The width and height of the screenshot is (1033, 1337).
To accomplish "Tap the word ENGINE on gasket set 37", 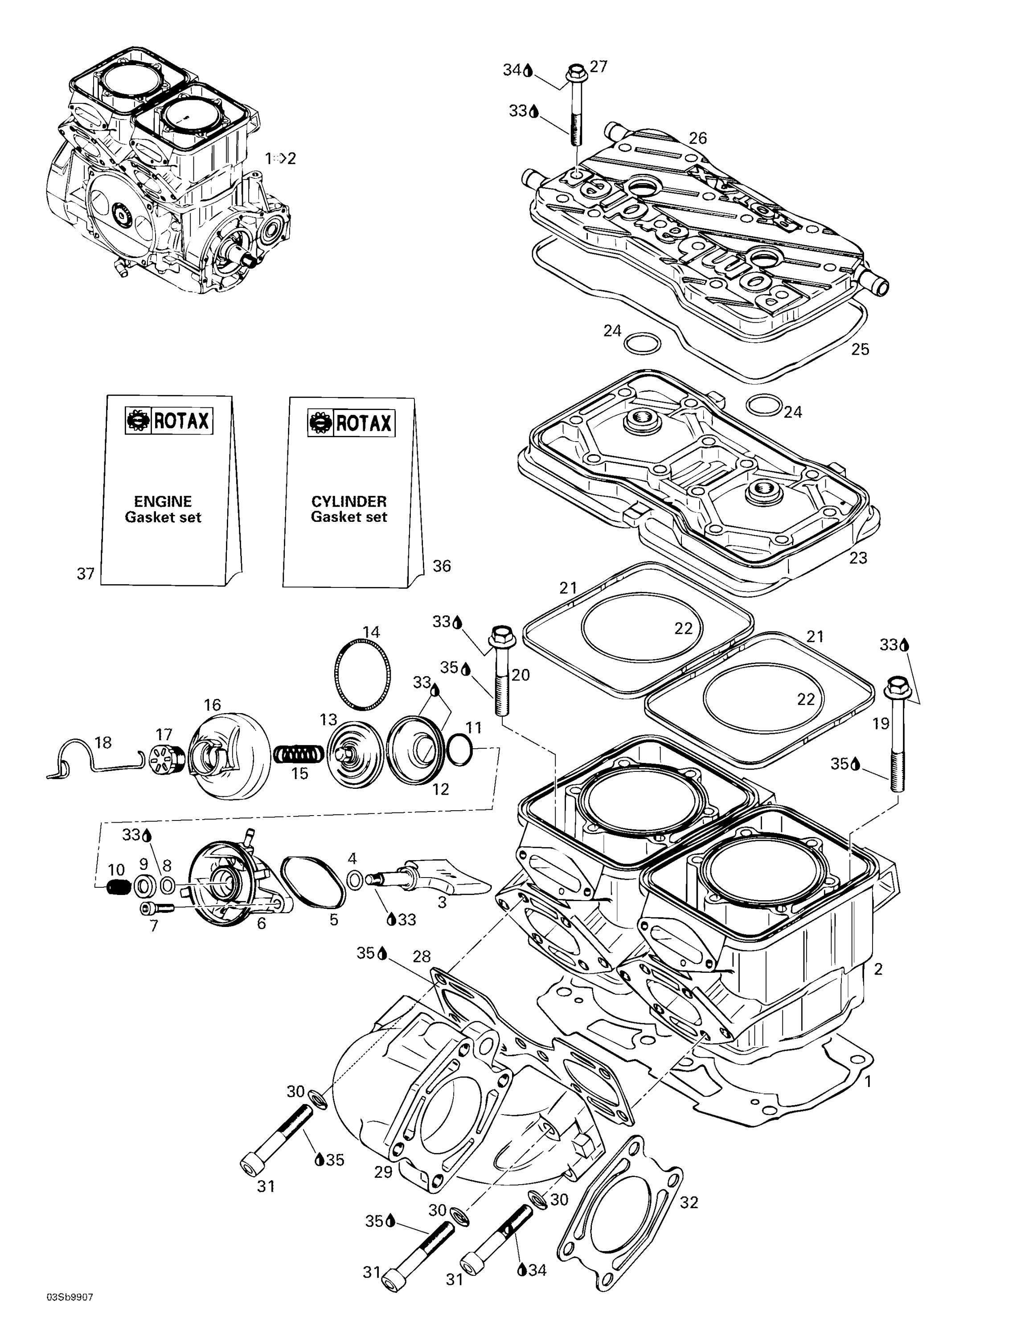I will tap(163, 501).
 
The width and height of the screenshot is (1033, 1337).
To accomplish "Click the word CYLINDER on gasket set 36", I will tap(349, 501).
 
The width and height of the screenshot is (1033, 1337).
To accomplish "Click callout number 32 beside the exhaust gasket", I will tap(689, 1202).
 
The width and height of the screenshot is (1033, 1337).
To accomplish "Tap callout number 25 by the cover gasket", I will tap(860, 349).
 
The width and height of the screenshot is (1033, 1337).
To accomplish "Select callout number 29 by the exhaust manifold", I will tap(383, 1172).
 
